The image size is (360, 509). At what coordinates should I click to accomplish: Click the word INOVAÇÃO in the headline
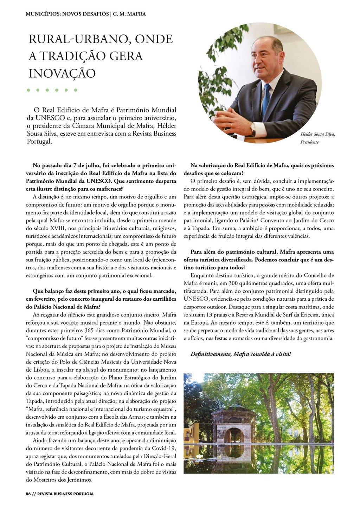62,73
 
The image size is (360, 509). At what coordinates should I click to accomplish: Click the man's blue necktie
266,100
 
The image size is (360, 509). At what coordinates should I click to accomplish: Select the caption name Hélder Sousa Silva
317,134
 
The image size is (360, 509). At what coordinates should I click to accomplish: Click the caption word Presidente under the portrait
309,142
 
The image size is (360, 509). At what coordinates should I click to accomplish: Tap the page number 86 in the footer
28,494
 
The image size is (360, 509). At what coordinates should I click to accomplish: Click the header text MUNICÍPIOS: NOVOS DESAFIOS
67,14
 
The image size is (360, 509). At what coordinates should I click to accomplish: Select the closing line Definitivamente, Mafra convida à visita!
241,354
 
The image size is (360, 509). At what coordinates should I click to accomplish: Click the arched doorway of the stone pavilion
234,436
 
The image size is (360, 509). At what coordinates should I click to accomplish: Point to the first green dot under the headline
28,90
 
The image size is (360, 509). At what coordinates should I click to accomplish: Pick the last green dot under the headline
75,90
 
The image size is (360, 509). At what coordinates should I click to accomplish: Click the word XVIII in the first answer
50,228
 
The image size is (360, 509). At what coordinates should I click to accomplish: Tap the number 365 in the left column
89,331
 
